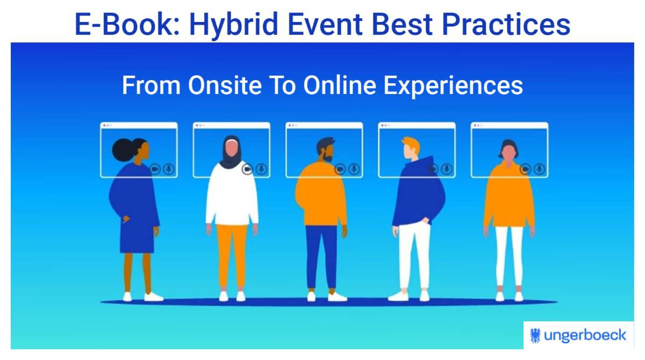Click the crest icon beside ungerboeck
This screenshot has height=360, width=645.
pos(536,335)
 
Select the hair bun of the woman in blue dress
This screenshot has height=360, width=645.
pos(119,147)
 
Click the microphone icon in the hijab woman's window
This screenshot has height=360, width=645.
pos(261,169)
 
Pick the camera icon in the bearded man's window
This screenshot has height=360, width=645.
pos(340,169)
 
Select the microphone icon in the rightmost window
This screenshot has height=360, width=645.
pos(539,169)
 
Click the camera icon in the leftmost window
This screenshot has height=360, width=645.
pos(155,169)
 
